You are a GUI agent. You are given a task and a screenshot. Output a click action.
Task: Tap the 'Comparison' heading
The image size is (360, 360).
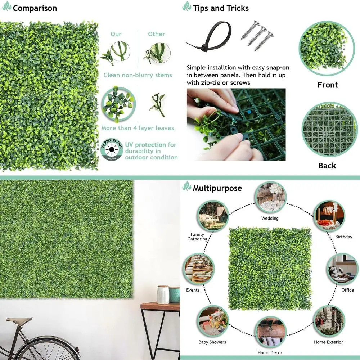pos(35,8)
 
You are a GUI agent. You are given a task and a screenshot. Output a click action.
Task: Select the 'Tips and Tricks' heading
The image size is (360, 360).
pos(220,8)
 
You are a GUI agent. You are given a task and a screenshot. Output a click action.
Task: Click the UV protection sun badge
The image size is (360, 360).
pos(112,148)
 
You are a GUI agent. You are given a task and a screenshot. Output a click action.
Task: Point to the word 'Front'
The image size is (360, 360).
pos(328,85)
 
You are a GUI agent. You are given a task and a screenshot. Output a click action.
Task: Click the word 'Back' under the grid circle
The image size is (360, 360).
pos(327,166)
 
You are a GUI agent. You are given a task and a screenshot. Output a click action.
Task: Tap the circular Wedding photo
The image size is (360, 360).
pos(270,197)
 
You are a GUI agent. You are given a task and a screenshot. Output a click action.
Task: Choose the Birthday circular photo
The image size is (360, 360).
pos(329,216)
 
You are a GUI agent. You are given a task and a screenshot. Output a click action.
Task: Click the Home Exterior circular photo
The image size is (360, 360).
pos(328,321)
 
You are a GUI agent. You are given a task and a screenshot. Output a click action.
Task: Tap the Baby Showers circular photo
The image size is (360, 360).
pos(212,321)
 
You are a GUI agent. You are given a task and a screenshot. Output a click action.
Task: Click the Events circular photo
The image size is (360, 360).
pos(198,269)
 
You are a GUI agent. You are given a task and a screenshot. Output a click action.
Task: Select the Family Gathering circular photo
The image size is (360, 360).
pos(212,216)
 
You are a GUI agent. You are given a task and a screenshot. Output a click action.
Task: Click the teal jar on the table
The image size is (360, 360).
pos(175,294)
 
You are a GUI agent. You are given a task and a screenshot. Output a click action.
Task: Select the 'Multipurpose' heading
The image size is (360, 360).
pos(217,188)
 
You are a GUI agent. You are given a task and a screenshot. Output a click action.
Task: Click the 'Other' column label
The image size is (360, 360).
pos(157,34)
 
